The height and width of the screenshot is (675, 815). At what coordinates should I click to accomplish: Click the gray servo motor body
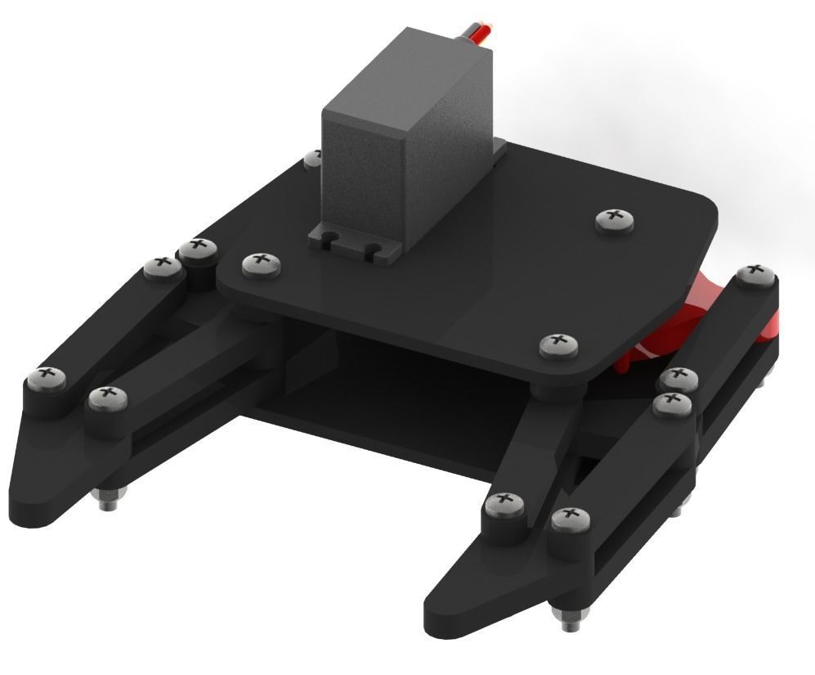click(x=384, y=155)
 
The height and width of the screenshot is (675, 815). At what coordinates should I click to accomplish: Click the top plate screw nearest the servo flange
click(x=261, y=263)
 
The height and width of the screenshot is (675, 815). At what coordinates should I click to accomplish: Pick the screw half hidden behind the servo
click(x=311, y=157)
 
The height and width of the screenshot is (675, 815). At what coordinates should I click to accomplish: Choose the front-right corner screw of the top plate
click(x=558, y=344)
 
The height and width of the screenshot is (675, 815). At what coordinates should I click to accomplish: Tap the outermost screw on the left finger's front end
click(x=46, y=378)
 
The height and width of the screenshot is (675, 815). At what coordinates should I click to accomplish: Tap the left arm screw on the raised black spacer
click(x=196, y=247)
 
